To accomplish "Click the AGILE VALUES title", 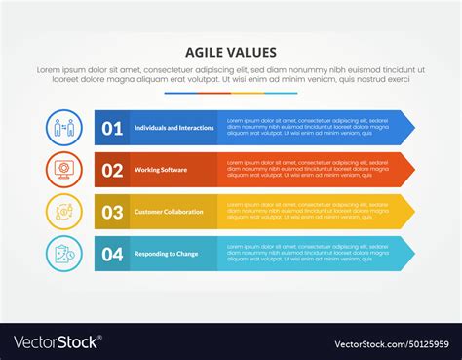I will coord(230,53).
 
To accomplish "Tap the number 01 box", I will coord(112,128).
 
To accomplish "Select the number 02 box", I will coord(112,170).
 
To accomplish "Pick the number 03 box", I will coord(112,212).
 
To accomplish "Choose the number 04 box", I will coord(112,254).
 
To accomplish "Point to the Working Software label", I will coord(162,170).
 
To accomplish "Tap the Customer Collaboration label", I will coord(169,212).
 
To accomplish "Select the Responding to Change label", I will coord(166,254).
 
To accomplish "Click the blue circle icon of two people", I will coord(63,128).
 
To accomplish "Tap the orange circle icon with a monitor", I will coord(63,170).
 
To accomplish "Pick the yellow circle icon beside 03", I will coord(63,212).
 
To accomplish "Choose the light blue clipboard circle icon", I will coord(63,254).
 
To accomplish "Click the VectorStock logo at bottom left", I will coord(57,342).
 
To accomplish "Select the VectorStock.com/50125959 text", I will coord(391,343).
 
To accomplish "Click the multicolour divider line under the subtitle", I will coord(230,94).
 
